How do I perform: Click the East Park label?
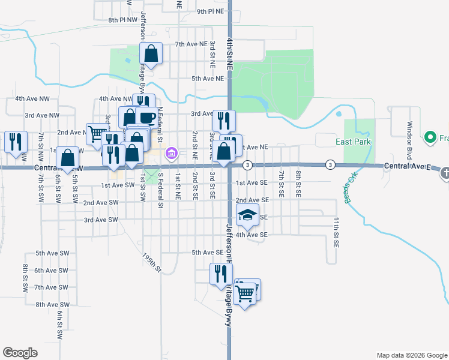tap(353, 142)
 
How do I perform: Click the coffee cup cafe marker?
tap(147, 116)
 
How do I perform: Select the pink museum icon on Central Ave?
tap(171, 154)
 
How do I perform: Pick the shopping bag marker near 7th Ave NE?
tap(151, 53)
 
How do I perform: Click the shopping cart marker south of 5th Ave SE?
tap(245, 294)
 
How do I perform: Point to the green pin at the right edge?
tap(430, 138)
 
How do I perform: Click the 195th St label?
tap(152, 262)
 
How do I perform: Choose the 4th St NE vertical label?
tap(229, 54)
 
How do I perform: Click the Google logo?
tap(20, 353)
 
